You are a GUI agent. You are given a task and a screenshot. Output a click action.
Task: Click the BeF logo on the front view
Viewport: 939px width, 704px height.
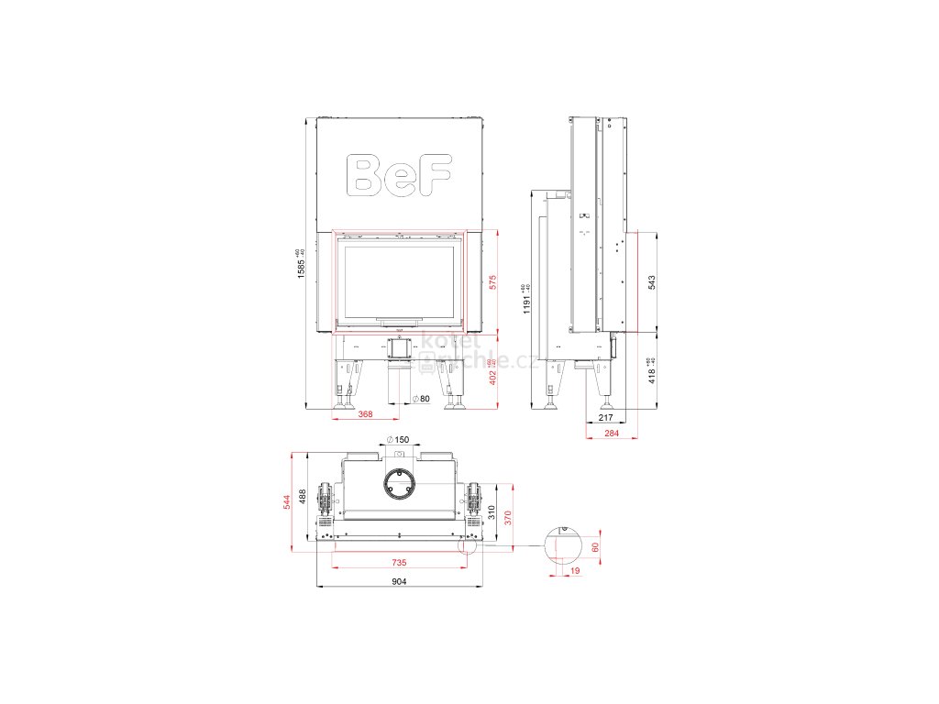[x=401, y=174]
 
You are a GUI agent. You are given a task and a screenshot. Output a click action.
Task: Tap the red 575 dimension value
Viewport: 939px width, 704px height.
[x=492, y=282]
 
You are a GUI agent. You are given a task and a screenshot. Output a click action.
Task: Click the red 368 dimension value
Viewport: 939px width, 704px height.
[x=365, y=415]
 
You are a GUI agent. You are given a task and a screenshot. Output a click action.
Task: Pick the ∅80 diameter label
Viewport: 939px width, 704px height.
[x=422, y=398]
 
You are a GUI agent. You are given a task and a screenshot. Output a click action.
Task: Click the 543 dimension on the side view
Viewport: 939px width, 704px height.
[x=652, y=282]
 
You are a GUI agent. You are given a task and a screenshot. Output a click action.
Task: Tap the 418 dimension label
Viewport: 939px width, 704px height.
[x=652, y=370]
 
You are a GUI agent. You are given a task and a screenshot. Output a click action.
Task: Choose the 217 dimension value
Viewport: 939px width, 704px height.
[x=605, y=418]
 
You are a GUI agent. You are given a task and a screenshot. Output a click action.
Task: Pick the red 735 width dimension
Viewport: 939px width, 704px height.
[x=398, y=562]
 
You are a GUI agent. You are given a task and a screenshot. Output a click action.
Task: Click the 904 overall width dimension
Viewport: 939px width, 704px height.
[x=398, y=581]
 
